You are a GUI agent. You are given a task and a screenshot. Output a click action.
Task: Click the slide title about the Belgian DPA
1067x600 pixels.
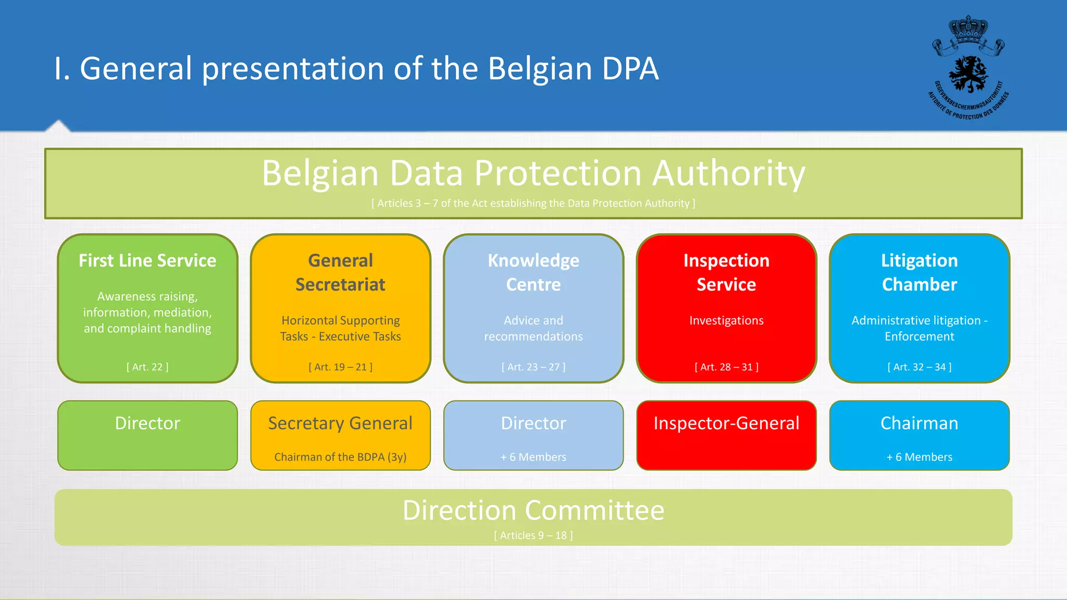tap(356, 68)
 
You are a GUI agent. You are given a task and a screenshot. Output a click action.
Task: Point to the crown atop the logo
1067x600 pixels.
tap(968, 30)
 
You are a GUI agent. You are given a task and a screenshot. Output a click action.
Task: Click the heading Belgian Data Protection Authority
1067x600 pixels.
tap(533, 173)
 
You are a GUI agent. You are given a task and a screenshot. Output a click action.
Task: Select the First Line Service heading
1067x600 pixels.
tap(147, 260)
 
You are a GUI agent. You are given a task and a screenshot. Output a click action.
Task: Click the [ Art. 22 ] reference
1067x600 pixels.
tap(147, 367)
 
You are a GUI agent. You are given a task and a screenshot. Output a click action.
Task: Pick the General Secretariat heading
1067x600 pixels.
tap(340, 272)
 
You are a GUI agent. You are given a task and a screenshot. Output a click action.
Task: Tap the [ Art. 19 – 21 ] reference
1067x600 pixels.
tap(340, 367)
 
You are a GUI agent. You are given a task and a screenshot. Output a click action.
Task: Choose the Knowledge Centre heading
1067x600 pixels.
tap(533, 272)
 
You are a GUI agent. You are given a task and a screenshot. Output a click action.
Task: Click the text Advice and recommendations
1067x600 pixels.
tap(533, 328)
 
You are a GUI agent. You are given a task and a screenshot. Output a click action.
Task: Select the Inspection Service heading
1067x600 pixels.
tap(726, 272)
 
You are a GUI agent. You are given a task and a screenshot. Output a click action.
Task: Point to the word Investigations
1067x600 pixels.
tap(726, 320)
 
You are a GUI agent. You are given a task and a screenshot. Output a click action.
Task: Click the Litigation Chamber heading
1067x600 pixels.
tap(920, 272)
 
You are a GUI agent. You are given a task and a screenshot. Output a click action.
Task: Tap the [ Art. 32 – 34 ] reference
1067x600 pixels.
tap(920, 367)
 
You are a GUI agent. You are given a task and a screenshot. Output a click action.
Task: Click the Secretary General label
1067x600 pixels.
tap(340, 423)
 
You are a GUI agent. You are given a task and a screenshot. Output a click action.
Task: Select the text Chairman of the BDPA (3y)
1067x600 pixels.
tap(340, 457)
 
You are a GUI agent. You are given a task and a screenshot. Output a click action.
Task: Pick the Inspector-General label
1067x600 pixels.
tap(726, 423)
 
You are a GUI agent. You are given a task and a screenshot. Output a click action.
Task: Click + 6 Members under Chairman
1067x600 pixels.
tap(920, 457)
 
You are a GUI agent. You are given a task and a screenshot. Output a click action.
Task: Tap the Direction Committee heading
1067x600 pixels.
tap(533, 510)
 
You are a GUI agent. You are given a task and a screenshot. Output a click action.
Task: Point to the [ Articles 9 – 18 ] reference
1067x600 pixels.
tap(533, 535)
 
